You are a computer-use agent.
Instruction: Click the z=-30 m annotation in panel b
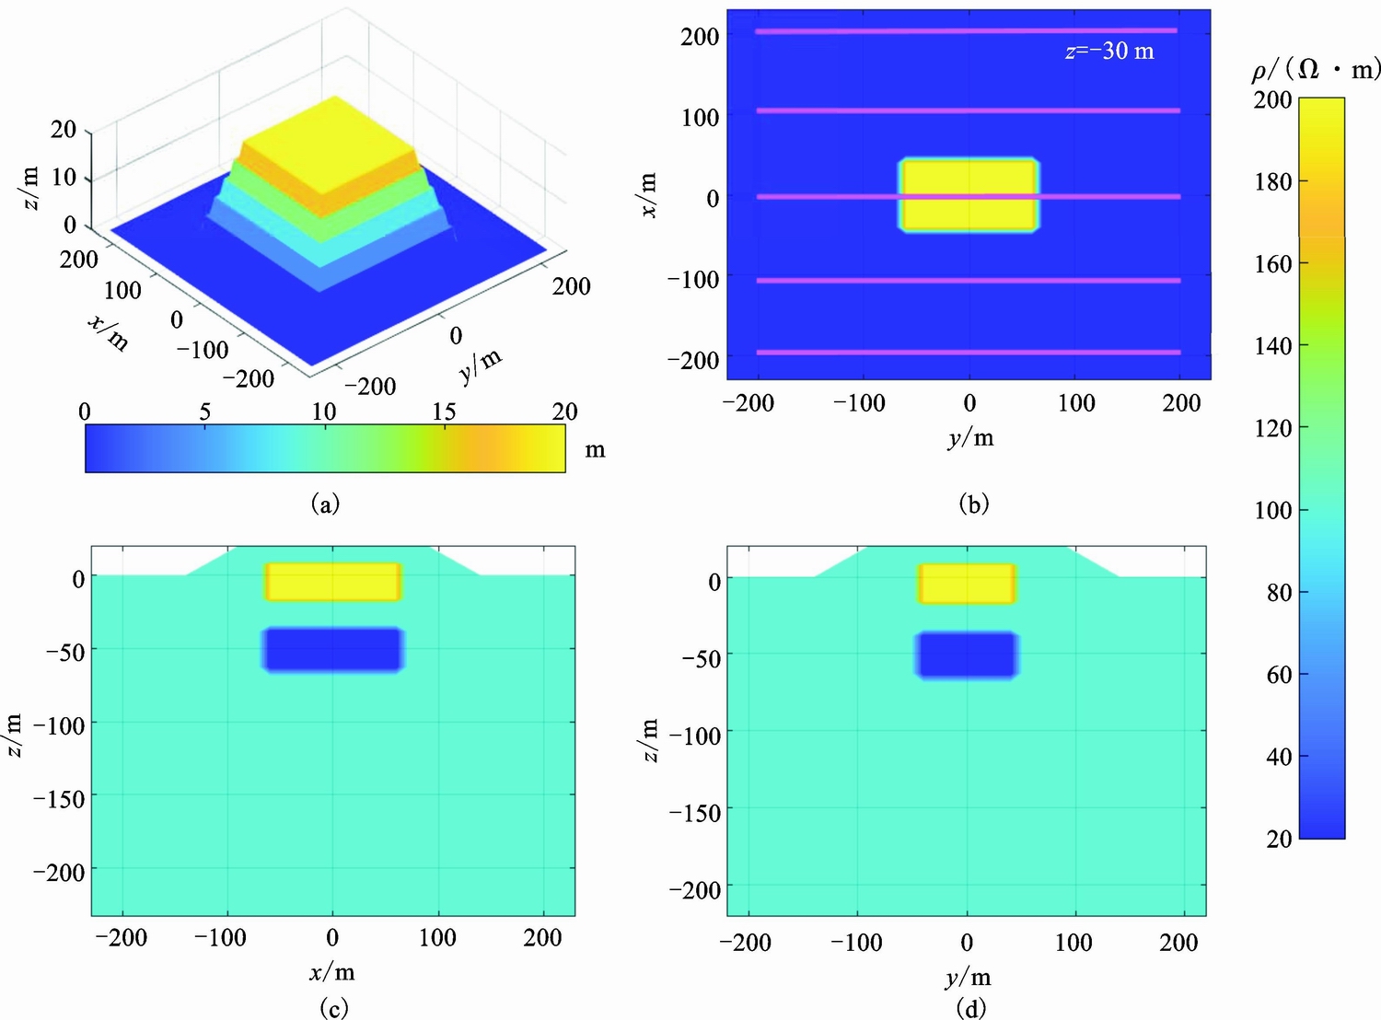[x=1108, y=51]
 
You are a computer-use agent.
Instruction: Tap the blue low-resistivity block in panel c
[x=333, y=650]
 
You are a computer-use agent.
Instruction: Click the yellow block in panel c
[x=333, y=582]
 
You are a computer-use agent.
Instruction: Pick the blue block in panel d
[x=967, y=655]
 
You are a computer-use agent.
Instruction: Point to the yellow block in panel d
[x=967, y=584]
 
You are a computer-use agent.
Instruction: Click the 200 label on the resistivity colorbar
[x=1272, y=99]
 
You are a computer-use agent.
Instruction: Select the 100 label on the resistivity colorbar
[x=1272, y=510]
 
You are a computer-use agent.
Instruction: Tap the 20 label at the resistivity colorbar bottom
[x=1278, y=839]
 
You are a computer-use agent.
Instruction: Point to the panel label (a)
[x=325, y=504]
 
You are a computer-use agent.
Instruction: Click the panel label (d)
[x=970, y=1008]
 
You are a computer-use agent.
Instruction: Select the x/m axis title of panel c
[x=332, y=972]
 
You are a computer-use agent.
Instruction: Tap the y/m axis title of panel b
[x=970, y=437]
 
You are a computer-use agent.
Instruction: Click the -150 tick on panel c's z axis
[x=59, y=798]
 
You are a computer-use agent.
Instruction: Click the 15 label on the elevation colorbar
[x=444, y=411]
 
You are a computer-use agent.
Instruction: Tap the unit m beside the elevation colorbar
[x=595, y=450]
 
